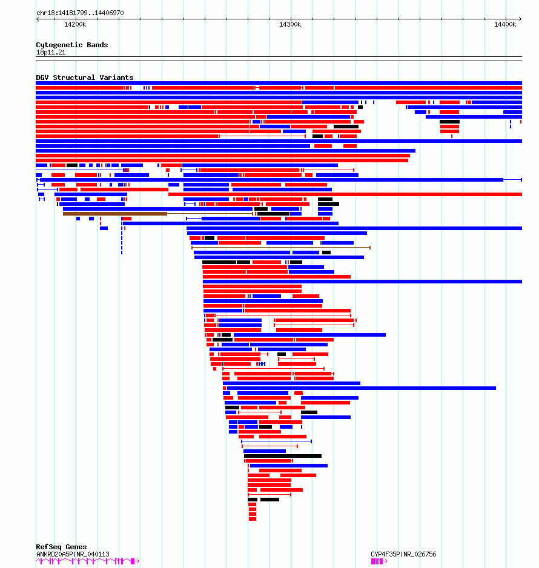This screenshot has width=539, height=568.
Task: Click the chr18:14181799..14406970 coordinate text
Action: click(80, 13)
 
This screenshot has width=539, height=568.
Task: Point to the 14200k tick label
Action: click(75, 24)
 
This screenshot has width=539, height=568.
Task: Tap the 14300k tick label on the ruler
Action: click(290, 24)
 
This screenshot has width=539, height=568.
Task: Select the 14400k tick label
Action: click(505, 24)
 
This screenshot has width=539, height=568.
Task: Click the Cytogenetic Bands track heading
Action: click(71, 45)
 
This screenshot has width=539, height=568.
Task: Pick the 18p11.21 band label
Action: click(51, 53)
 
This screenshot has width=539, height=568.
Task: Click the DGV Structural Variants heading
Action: click(84, 78)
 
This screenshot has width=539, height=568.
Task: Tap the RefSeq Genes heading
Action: click(61, 547)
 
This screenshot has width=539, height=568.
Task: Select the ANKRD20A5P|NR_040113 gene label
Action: click(73, 554)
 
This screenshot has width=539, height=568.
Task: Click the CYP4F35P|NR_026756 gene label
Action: click(403, 554)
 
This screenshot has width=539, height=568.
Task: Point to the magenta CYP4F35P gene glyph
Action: click(377, 561)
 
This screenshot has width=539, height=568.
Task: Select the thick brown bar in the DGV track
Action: click(115, 214)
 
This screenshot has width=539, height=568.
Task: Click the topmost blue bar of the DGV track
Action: click(279, 83)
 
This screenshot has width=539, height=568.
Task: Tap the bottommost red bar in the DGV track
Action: click(253, 519)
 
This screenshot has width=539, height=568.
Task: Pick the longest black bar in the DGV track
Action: click(282, 456)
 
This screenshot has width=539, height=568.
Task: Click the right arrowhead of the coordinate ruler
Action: click(520, 19)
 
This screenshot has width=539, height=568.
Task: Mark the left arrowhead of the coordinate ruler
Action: click(38, 19)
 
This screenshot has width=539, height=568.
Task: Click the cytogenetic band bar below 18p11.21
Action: click(279, 58)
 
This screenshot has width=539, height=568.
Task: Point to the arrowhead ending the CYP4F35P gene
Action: click(387, 561)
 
